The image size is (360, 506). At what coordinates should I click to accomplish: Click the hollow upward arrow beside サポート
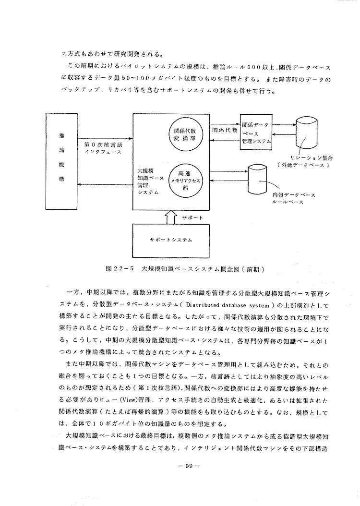point(171,217)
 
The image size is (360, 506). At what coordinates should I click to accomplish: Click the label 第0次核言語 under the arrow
point(100,144)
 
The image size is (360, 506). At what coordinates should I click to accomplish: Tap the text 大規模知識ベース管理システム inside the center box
point(148,181)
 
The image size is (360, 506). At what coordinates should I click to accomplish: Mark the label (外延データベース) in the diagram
point(302,165)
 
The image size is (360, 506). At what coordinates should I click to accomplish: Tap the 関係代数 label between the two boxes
point(225,130)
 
